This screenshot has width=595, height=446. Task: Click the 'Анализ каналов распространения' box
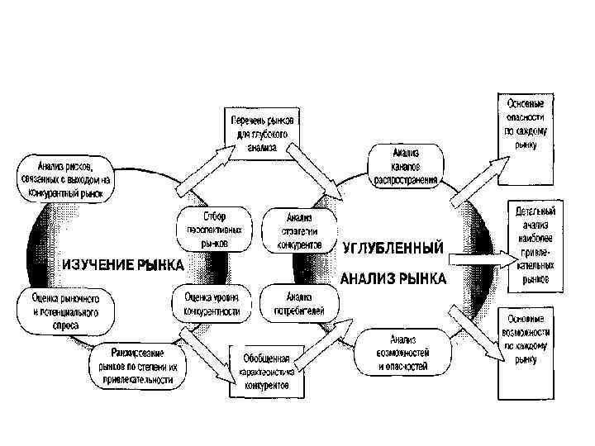[406, 161]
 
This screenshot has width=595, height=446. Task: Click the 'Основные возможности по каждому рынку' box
[526, 339]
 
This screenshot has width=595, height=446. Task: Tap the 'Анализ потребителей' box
[297, 304]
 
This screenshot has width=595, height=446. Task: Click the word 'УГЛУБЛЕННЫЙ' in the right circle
[393, 248]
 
